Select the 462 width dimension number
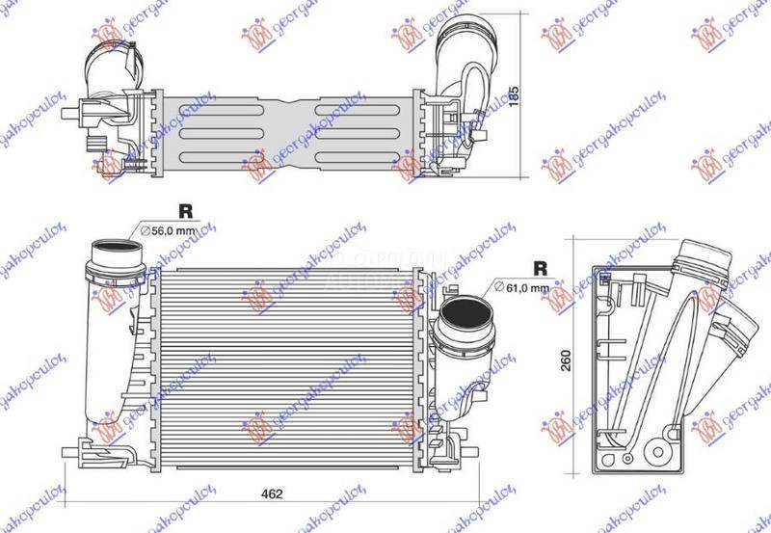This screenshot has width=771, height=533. tap(273, 494)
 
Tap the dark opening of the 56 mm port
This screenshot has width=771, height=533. tap(115, 257)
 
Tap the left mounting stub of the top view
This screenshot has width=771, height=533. tap(69, 114)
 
